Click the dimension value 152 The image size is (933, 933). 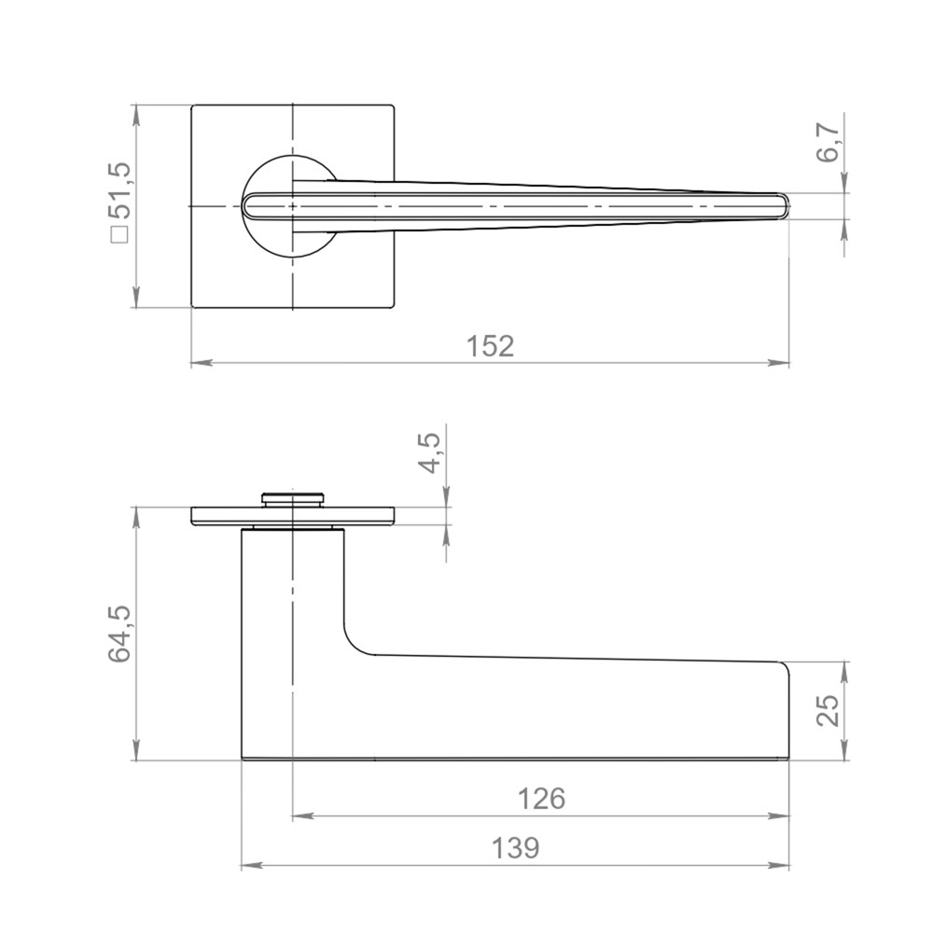pyautogui.click(x=490, y=346)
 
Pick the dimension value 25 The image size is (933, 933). pyautogui.click(x=828, y=710)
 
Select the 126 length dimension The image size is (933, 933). pyautogui.click(x=541, y=799)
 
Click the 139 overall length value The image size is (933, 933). pyautogui.click(x=515, y=847)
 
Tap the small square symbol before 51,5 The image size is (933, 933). pyautogui.click(x=120, y=235)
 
